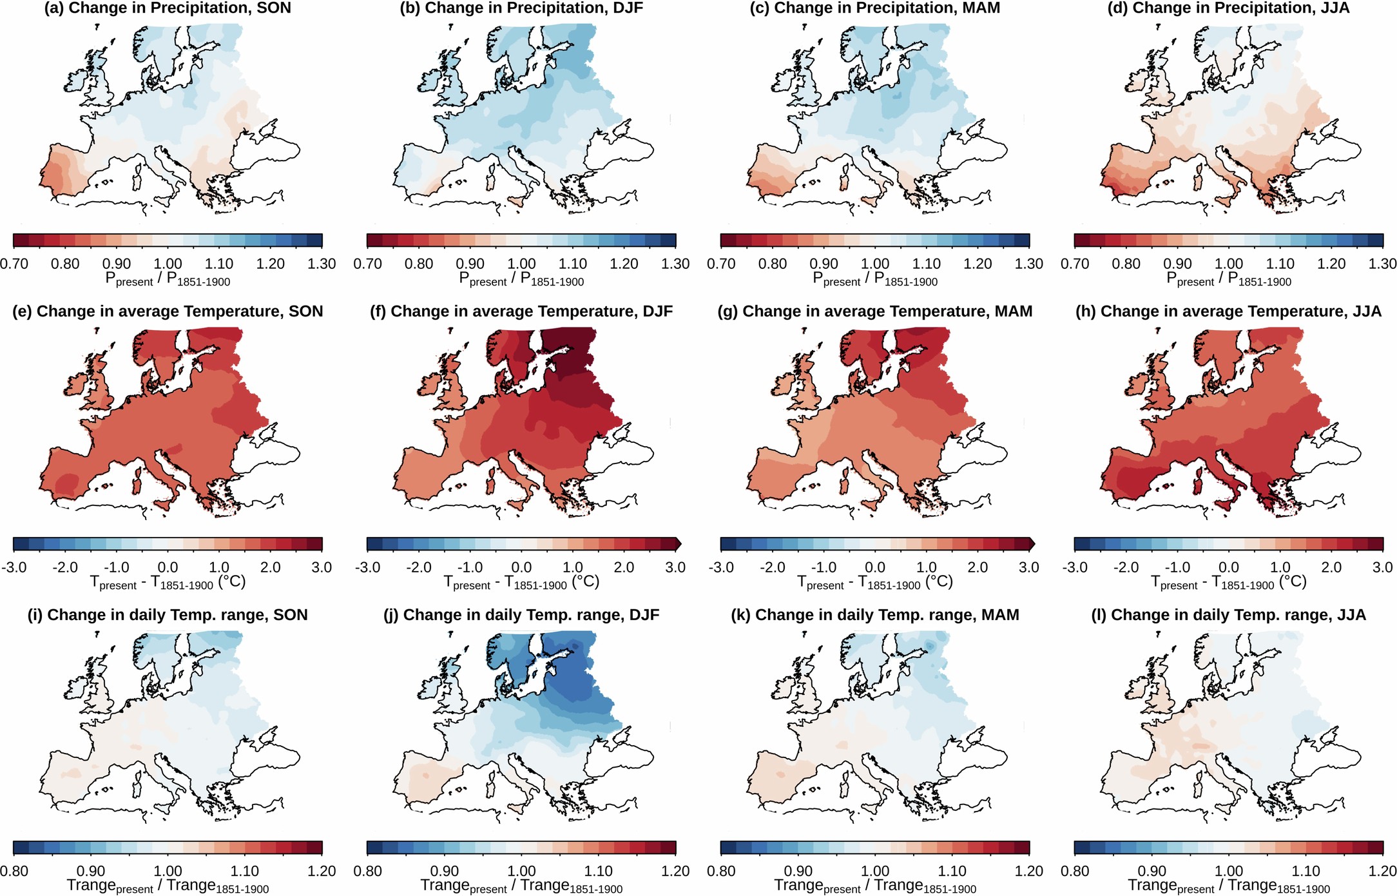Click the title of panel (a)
168,8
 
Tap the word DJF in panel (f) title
657,311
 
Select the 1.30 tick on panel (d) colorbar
1382,264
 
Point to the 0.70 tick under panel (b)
367,264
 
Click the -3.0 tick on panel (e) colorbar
14,567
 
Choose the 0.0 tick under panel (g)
874,567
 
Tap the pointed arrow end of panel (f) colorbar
679,543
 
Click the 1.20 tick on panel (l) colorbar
1382,871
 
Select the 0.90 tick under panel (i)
91,871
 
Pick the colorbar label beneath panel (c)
874,279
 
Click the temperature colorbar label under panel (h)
1228,583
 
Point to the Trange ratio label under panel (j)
521,886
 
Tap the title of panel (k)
874,615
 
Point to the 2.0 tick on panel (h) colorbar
1331,567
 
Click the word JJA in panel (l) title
1351,615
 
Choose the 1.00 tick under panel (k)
874,871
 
